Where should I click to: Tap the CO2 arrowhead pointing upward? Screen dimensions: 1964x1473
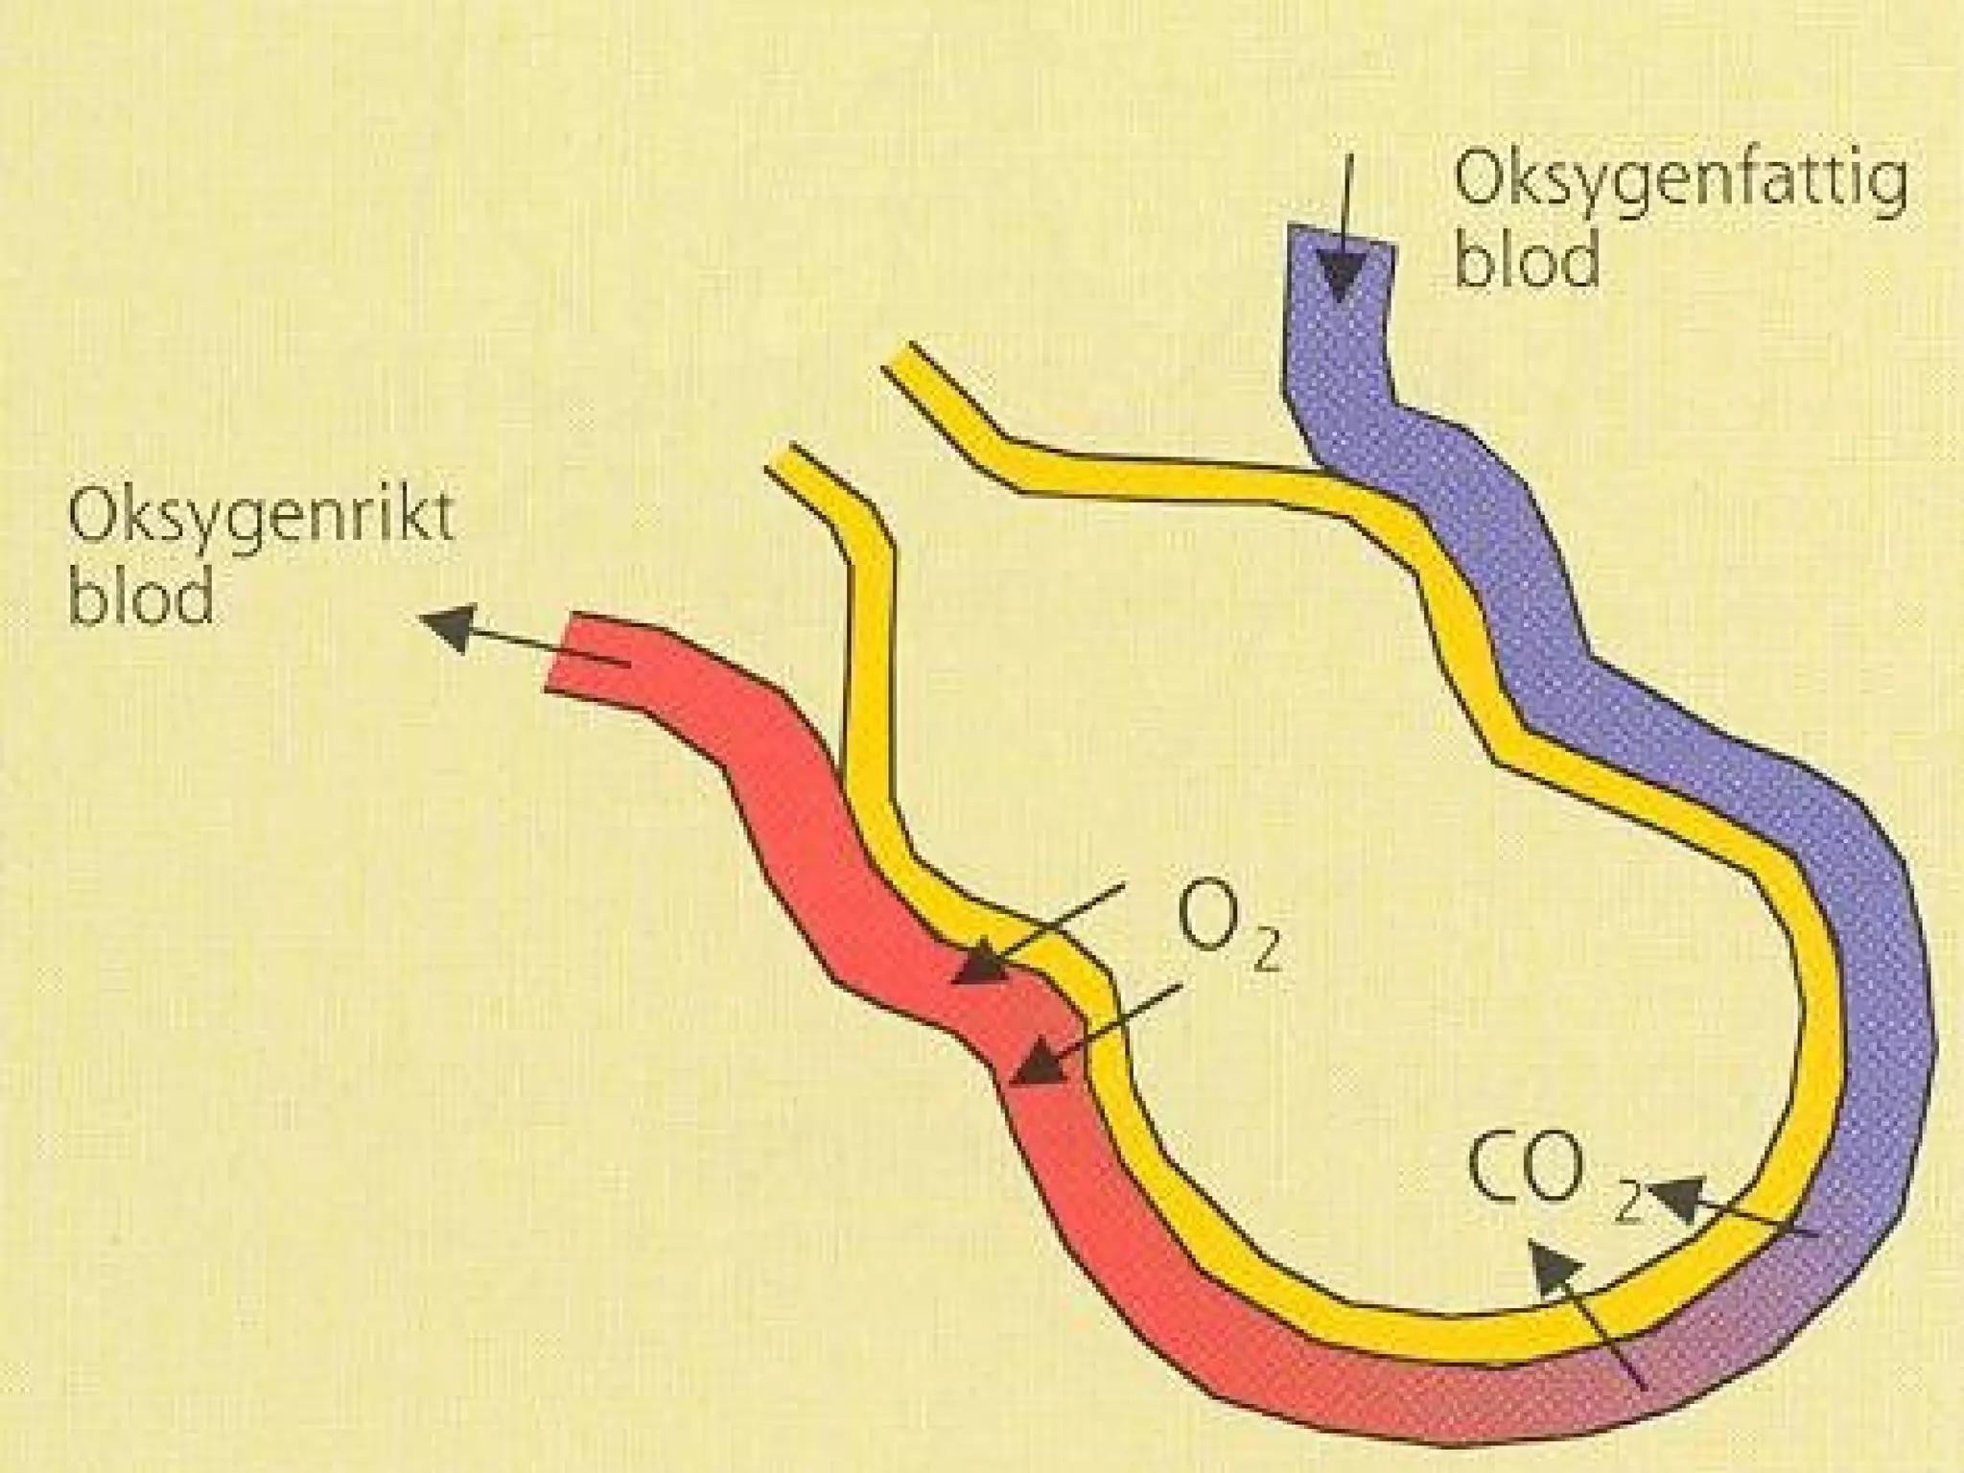(x=1552, y=1271)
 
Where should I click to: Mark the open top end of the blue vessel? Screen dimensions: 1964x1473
(x=1342, y=236)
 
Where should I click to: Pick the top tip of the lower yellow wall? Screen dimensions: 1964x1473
(x=782, y=456)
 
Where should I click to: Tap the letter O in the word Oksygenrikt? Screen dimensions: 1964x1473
(x=100, y=528)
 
